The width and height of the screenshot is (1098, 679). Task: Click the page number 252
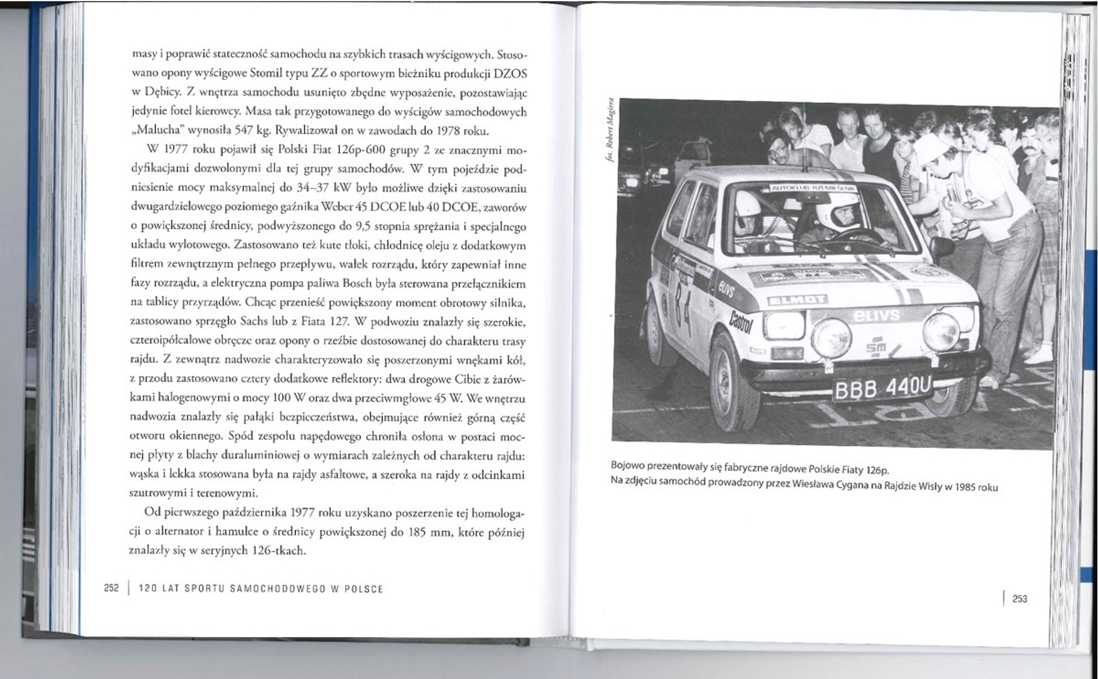[x=111, y=588]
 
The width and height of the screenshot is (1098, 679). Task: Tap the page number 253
[x=1020, y=598]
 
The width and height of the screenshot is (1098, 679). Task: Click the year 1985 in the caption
[x=967, y=487]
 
